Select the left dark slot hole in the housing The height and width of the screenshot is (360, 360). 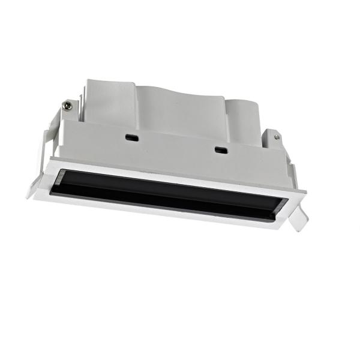(x=129, y=137)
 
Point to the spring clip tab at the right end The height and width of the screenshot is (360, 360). (x=297, y=220)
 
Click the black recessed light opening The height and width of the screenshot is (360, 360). (x=168, y=193)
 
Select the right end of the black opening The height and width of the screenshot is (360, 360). (x=277, y=211)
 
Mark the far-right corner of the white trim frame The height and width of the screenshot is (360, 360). (x=306, y=194)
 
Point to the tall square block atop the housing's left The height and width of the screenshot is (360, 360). (x=108, y=99)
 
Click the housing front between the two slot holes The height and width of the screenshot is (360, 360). (x=174, y=147)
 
